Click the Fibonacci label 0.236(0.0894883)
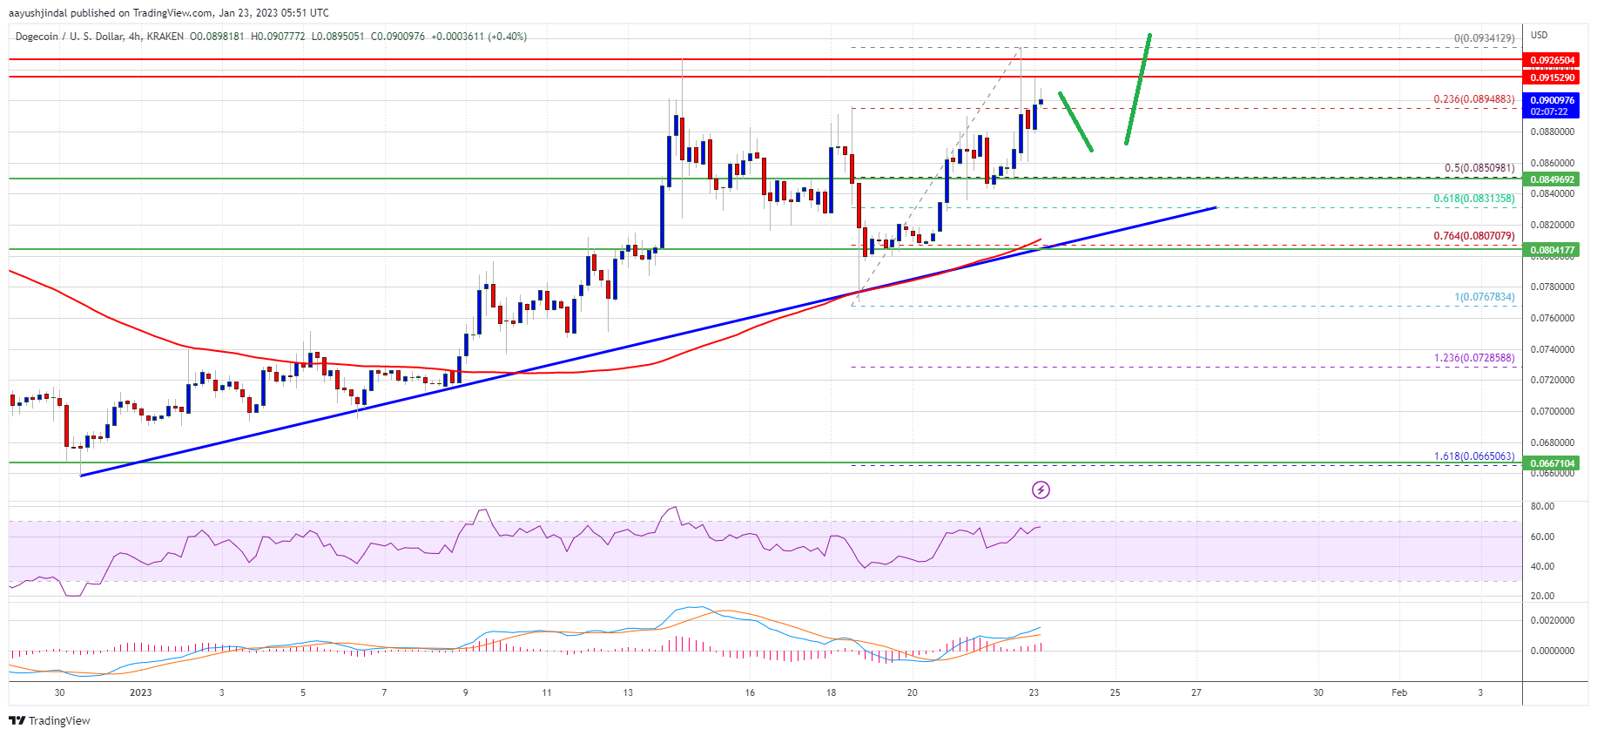click(1474, 99)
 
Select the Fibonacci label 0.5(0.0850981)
click(1479, 168)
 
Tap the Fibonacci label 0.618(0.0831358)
click(1474, 199)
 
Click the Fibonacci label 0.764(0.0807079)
click(1474, 236)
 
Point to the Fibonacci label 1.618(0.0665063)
click(1474, 456)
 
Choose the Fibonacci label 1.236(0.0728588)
click(1474, 358)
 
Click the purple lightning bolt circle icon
click(1041, 490)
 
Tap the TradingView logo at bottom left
click(50, 720)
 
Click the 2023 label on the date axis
click(140, 693)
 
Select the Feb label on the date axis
click(1399, 693)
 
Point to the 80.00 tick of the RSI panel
click(1542, 506)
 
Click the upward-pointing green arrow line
click(1138, 89)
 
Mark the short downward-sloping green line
click(1075, 122)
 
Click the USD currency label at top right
click(1540, 36)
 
